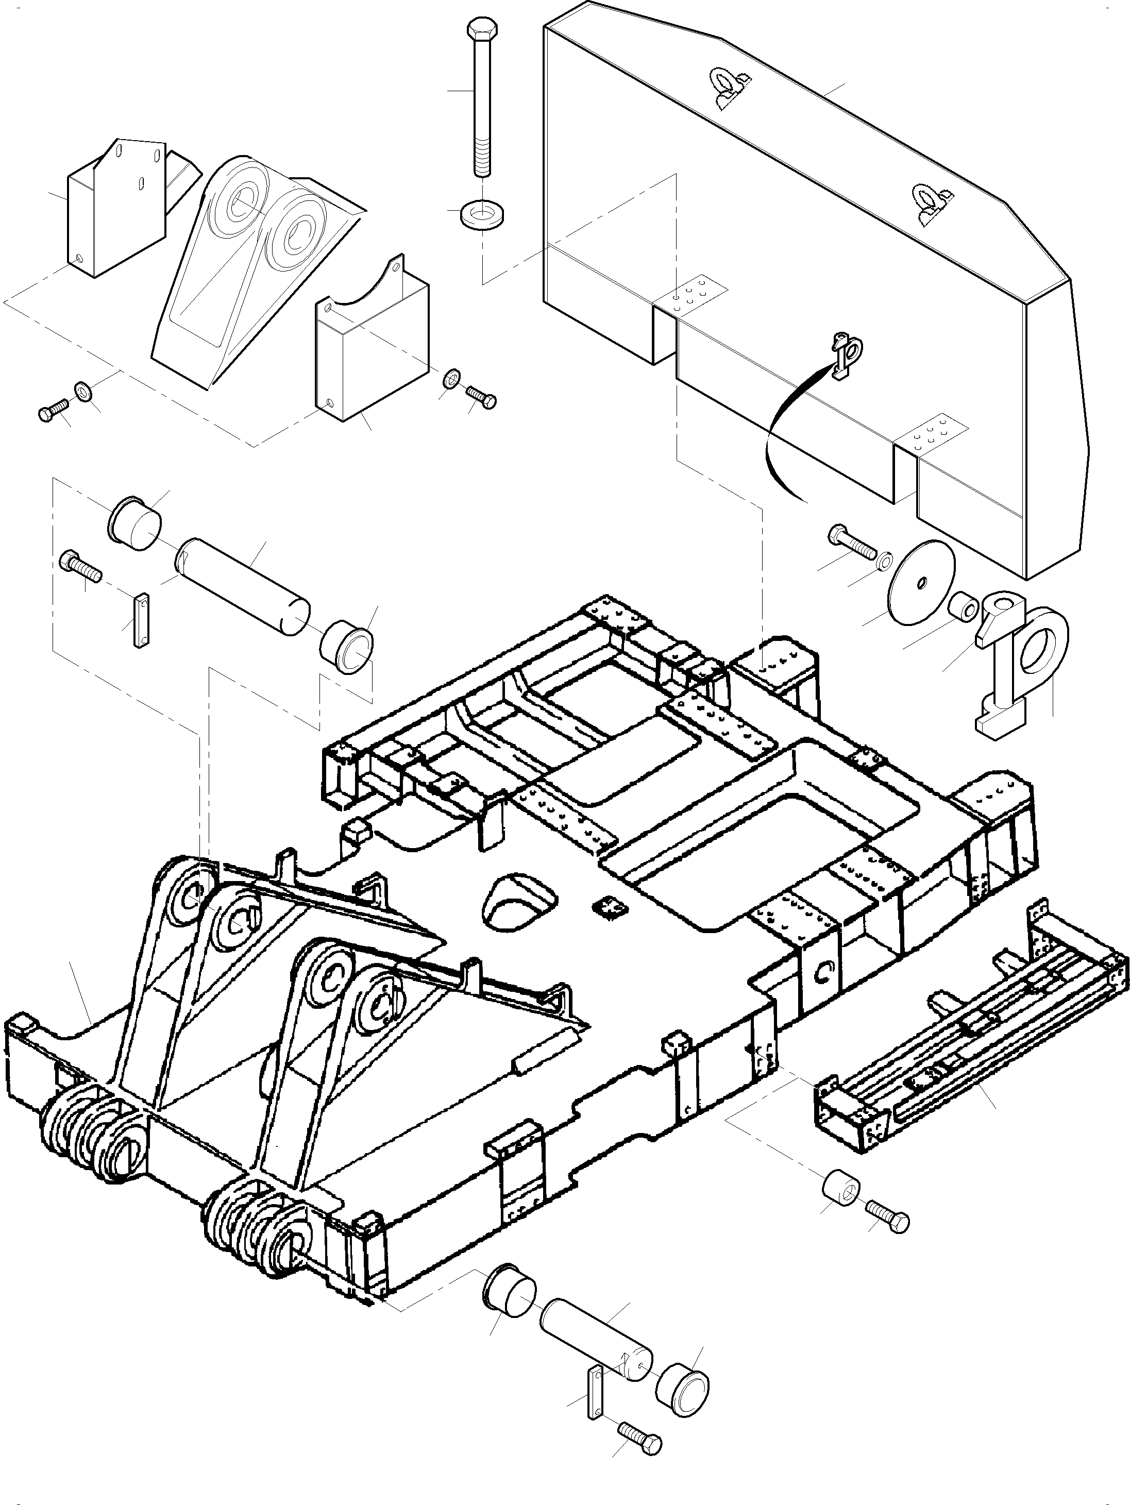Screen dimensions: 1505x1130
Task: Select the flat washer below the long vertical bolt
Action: [482, 214]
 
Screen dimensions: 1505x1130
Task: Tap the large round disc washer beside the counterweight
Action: [921, 582]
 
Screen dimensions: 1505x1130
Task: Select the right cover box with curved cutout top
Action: [371, 354]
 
